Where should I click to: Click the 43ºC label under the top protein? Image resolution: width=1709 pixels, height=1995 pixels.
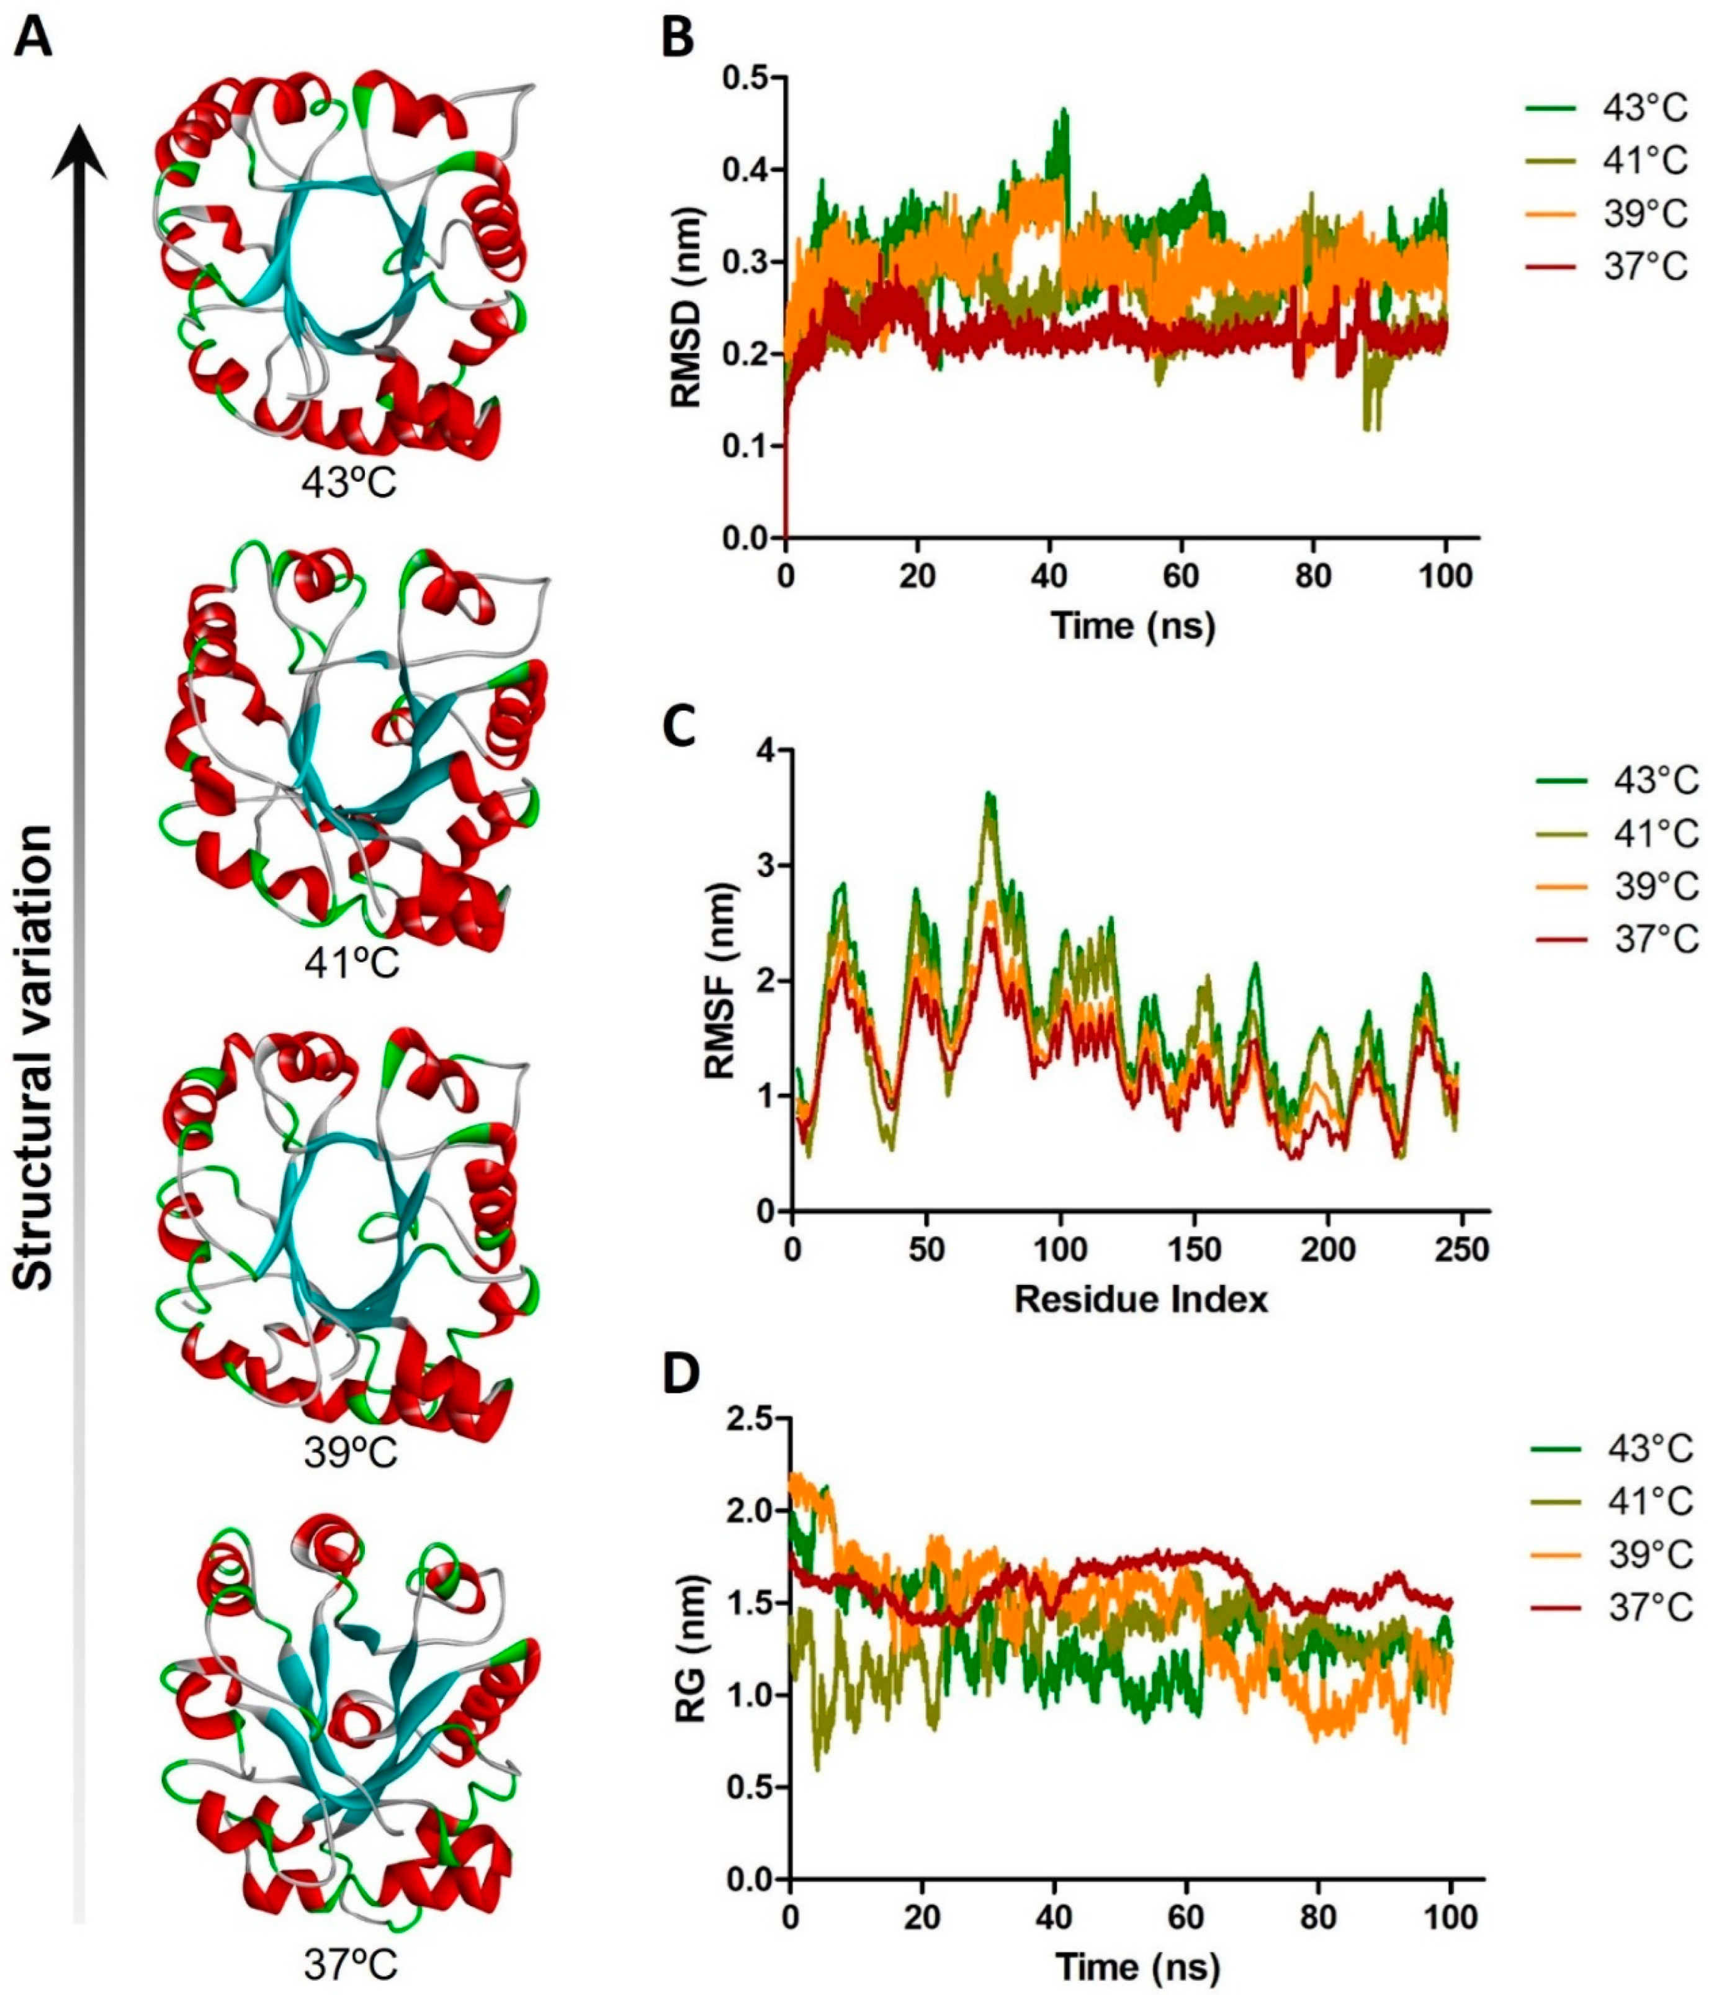[x=349, y=484]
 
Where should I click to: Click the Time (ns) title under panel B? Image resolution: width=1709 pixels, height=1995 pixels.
[x=1133, y=626]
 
